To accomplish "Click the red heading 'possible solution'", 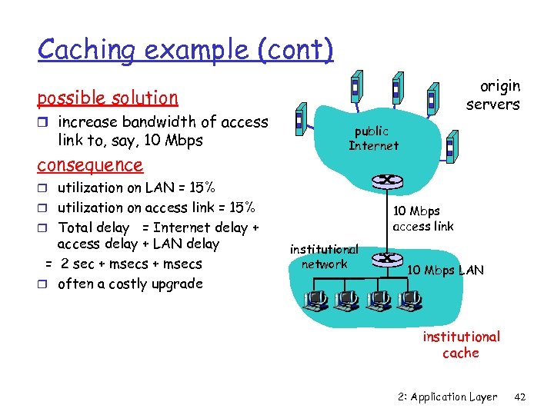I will coord(108,98).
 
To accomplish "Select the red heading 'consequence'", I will coord(90,164).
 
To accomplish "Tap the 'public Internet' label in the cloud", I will coord(373,138).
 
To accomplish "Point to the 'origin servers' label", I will coord(492,95).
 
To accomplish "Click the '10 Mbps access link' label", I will coord(422,218).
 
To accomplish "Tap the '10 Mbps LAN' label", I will coord(445,270).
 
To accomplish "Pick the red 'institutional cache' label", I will coord(460,344).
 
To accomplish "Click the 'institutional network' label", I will coord(324,256).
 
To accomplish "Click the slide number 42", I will coord(519,397).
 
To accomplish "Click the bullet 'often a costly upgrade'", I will coord(129,284).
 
